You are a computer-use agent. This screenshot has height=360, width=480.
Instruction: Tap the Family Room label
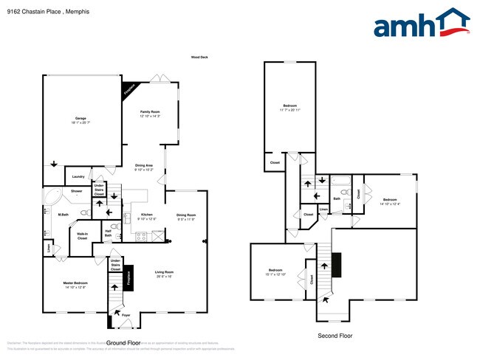click(150, 114)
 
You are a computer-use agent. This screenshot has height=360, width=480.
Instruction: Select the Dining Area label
click(144, 167)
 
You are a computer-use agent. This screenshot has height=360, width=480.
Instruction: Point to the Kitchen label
click(146, 217)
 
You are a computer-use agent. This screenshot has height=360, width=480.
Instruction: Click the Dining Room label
click(186, 217)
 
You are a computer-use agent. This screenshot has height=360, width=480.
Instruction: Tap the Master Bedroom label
click(75, 285)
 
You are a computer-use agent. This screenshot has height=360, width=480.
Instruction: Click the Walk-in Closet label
click(82, 237)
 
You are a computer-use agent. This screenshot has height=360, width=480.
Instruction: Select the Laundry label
click(78, 177)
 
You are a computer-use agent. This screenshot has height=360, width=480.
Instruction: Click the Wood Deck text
click(200, 57)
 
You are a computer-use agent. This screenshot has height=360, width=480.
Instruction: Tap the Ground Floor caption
click(123, 343)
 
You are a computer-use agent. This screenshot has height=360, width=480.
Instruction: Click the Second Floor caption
click(335, 336)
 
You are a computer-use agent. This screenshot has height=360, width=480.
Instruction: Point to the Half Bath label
click(108, 234)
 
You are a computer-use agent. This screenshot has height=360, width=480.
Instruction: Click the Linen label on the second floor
click(323, 210)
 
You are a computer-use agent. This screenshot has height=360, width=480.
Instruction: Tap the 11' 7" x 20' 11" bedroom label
click(289, 108)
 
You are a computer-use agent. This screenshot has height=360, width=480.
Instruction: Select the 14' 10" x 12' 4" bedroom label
click(389, 201)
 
